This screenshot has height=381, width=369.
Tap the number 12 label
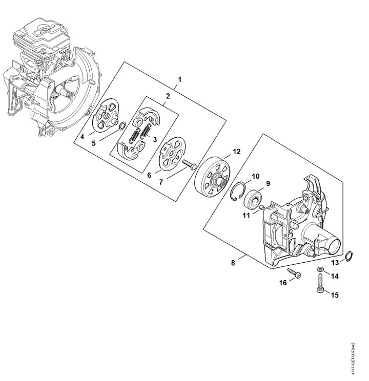(x=236, y=152)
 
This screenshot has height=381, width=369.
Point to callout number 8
(x=234, y=263)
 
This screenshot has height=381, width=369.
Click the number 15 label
(x=336, y=294)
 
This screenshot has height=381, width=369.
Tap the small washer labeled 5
(x=123, y=125)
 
